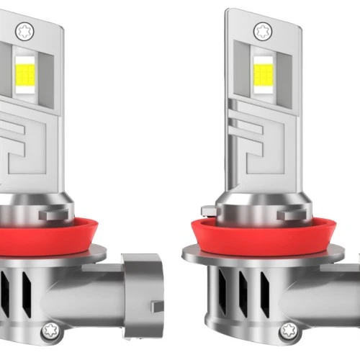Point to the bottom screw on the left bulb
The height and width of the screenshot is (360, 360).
click(x=50, y=332)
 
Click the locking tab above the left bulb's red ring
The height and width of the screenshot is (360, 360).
click(x=54, y=213)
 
